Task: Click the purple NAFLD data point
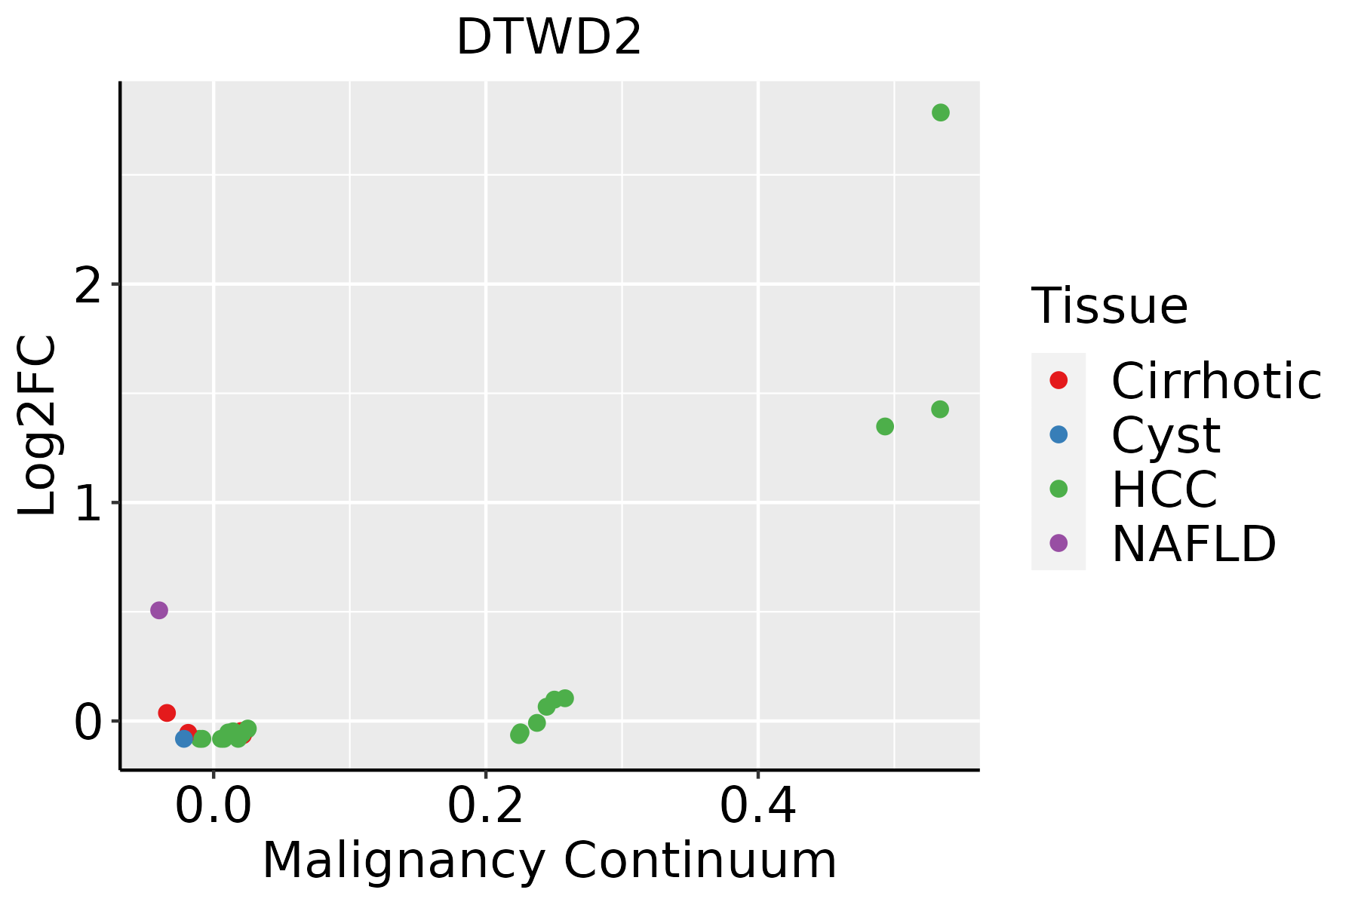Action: point(158,610)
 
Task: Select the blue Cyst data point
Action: point(184,738)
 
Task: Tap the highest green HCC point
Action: point(940,112)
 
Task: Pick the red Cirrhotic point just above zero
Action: point(167,713)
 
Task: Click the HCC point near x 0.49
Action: point(885,427)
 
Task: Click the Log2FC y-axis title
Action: point(38,425)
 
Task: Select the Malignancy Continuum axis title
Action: point(548,861)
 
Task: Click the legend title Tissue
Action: point(1109,306)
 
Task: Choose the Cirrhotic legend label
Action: point(1215,381)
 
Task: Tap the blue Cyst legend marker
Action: point(1058,434)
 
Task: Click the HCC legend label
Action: point(1164,489)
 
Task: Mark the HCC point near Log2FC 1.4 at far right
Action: point(939,410)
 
